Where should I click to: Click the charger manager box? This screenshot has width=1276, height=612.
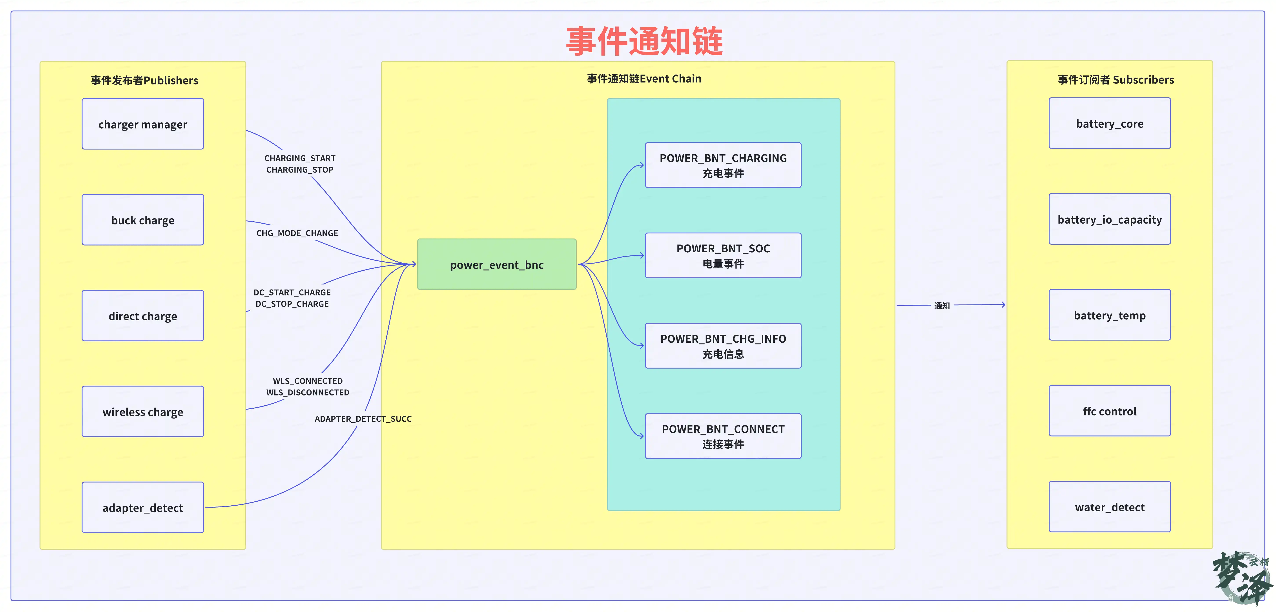[143, 124]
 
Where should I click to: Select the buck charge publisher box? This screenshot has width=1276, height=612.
[143, 220]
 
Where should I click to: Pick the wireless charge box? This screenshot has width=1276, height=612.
[143, 412]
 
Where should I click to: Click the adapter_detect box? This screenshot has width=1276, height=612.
[143, 508]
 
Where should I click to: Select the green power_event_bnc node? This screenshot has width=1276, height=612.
[497, 264]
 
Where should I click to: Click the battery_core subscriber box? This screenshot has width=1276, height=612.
[1110, 123]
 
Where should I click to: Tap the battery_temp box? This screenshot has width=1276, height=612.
[1110, 315]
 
